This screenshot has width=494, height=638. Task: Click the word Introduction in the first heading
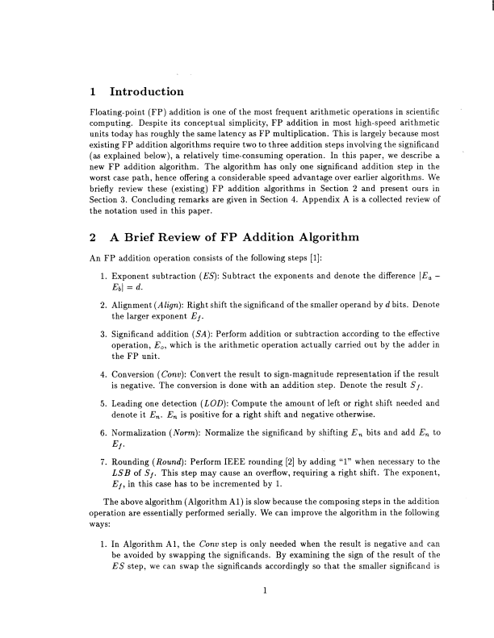click(146, 90)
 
